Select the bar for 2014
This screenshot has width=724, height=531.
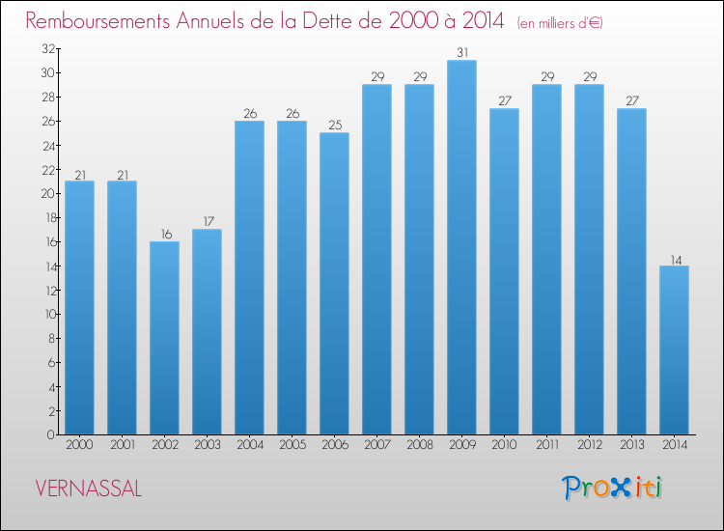pyautogui.click(x=674, y=349)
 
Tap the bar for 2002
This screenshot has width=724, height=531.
pyautogui.click(x=164, y=338)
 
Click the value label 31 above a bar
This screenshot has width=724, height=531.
pyautogui.click(x=461, y=52)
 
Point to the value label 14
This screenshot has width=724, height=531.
pyautogui.click(x=674, y=258)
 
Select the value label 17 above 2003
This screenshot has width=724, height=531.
pyautogui.click(x=207, y=221)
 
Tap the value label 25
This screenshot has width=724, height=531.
pyautogui.click(x=334, y=125)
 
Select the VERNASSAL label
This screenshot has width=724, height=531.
pyautogui.click(x=89, y=489)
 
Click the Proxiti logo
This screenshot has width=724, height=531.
pyautogui.click(x=612, y=488)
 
